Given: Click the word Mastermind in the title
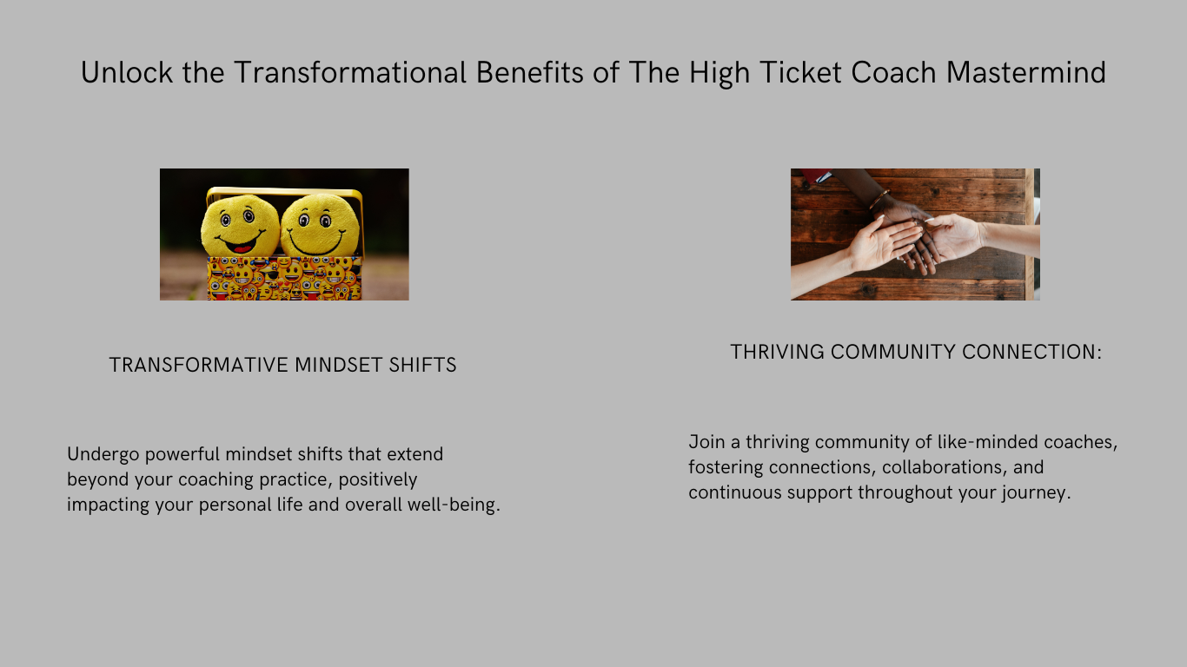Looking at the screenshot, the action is (1026, 73).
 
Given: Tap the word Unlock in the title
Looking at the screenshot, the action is (127, 73).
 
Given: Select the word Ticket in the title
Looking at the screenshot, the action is (800, 73).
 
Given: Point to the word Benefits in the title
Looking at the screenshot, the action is (530, 73).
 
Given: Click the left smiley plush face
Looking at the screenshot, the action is (240, 226).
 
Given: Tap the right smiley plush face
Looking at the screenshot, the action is (320, 225).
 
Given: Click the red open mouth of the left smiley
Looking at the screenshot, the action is (242, 248).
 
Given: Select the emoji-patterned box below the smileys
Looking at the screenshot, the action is (284, 278).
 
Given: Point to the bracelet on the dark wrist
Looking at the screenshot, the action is (879, 200).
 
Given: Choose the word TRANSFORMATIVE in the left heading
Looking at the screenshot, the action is (199, 365).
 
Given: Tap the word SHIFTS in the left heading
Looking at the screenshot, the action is (422, 365).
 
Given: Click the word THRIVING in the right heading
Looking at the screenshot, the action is (777, 352).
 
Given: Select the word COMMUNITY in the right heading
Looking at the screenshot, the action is (893, 352).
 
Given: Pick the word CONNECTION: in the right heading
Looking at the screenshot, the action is (1031, 352).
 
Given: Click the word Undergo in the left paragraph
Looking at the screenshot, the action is (103, 455).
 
